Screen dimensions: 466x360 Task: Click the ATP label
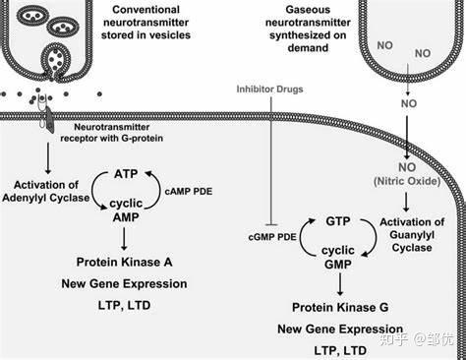pos(126,174)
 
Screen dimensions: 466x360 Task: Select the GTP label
pos(338,221)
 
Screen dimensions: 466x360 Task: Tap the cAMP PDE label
pos(189,192)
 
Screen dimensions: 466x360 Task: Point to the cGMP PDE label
pos(272,237)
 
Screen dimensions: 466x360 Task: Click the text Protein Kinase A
pos(124,262)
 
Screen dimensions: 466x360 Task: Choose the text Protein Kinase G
pos(340,308)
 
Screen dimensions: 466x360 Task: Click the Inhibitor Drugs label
pos(269,90)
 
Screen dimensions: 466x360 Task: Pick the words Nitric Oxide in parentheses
pos(407,181)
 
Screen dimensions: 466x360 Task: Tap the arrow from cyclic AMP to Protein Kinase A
pos(124,239)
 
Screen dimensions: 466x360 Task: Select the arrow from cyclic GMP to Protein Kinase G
pos(340,284)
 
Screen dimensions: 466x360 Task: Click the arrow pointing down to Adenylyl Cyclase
pos(48,157)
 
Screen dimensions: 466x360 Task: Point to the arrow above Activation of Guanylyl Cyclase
pos(406,202)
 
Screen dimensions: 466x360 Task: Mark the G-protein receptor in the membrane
pos(49,117)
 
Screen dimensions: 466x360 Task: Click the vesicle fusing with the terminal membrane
pos(55,61)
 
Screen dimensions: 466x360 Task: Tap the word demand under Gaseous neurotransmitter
pos(308,48)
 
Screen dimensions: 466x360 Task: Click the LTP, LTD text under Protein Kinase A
pos(124,305)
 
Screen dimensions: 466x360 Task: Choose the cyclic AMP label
pos(126,210)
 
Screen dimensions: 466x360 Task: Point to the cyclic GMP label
pos(338,258)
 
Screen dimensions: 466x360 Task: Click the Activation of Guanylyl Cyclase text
pos(412,235)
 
